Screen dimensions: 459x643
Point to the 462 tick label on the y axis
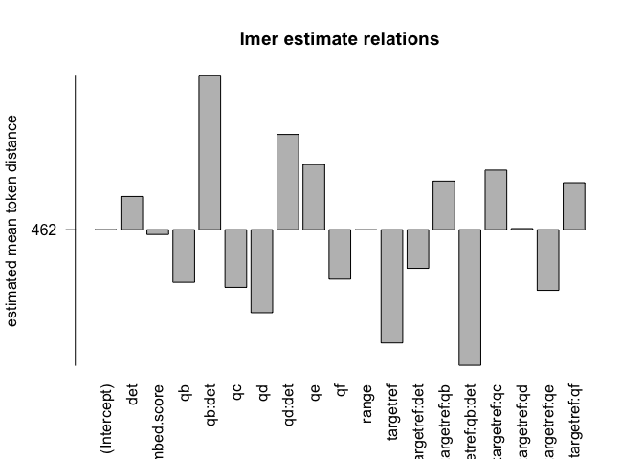pyautogui.click(x=43, y=230)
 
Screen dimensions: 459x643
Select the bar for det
pyautogui.click(x=131, y=213)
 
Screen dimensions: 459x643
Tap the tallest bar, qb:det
pyautogui.click(x=210, y=152)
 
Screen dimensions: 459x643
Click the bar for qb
pyautogui.click(x=184, y=255)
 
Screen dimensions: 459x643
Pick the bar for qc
pyautogui.click(x=235, y=258)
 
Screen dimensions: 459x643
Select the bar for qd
pyautogui.click(x=261, y=271)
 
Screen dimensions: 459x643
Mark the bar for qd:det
pyautogui.click(x=288, y=182)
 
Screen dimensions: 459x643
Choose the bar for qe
pyautogui.click(x=314, y=197)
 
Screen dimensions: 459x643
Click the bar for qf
pyautogui.click(x=340, y=254)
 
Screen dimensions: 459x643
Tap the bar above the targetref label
pyautogui.click(x=391, y=286)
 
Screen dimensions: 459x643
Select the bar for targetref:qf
pyautogui.click(x=574, y=206)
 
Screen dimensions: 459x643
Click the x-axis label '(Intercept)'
pyautogui.click(x=106, y=419)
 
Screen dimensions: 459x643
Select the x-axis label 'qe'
pyautogui.click(x=314, y=394)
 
